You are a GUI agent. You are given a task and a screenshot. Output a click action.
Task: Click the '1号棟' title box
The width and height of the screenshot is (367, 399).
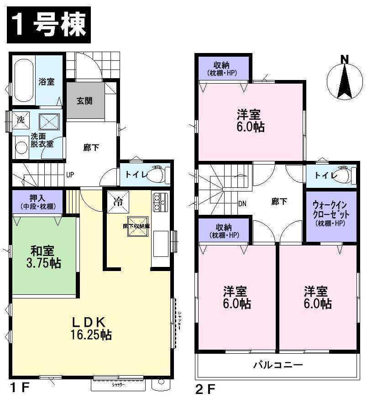pos(48,26)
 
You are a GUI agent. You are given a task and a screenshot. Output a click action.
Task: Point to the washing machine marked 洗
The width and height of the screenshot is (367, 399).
pos(21,120)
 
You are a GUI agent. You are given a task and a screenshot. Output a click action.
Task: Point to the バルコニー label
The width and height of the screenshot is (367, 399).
pos(278,365)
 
